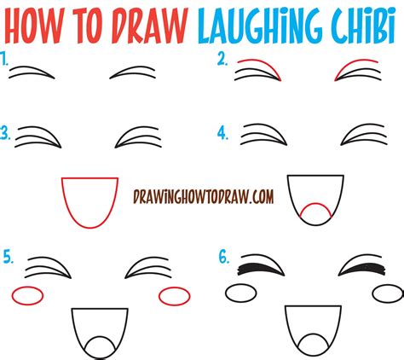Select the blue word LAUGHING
point(270,22)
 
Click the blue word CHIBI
point(366,22)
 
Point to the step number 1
point(6,60)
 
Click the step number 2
point(221,59)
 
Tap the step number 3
point(7,133)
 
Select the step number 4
point(222,133)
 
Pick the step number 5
point(8,253)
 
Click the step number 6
point(222,253)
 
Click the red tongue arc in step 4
point(315,212)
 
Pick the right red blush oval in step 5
point(175,295)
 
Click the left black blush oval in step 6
point(241,293)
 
